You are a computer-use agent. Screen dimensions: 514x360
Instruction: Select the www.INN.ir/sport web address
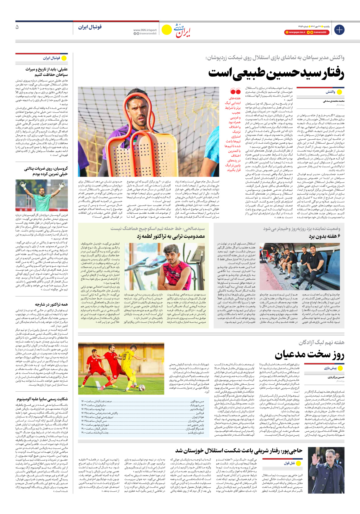145,30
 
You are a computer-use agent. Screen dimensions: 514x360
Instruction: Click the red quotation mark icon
235,92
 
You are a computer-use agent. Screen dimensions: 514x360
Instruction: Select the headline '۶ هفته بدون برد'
325,236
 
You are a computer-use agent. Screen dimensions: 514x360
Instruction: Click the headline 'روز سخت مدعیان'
309,355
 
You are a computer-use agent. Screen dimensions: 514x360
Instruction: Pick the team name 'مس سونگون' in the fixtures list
197,401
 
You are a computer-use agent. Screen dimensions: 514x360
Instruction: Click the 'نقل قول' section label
289,463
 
